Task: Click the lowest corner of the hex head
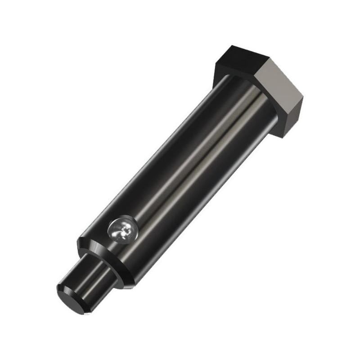pos(283,135)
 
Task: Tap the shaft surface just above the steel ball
pos(135,211)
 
